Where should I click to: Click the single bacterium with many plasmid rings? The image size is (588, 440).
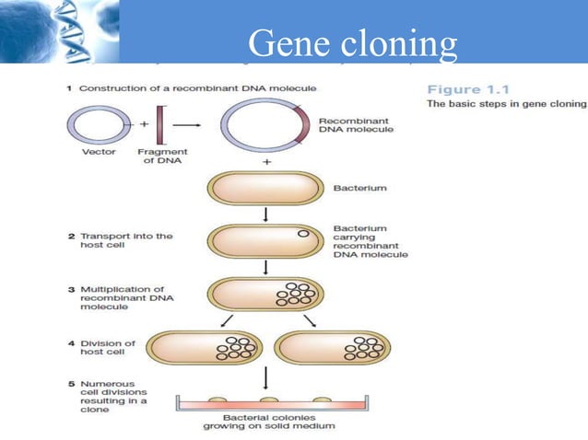tap(265, 294)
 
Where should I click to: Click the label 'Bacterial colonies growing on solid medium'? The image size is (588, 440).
tap(268, 422)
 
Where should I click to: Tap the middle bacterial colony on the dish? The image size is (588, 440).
tap(268, 400)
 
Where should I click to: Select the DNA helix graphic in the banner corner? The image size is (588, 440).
tap(51, 31)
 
